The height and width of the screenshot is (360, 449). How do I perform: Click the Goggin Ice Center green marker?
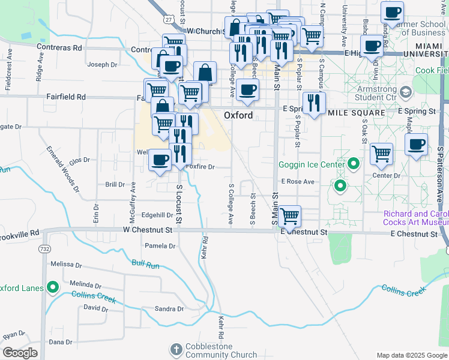(354, 164)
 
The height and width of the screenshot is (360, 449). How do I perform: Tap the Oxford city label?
(238, 115)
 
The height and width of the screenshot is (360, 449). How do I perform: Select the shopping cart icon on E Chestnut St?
(290, 215)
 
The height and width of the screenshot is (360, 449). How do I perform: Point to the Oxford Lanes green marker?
(52, 287)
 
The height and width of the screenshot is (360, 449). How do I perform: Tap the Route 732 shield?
(44, 248)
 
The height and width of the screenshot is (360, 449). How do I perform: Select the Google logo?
(20, 353)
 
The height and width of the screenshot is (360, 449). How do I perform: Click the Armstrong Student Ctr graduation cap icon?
(406, 92)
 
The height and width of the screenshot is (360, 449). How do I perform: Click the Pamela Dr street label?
(160, 246)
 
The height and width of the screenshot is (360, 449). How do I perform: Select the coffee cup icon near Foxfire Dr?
(160, 160)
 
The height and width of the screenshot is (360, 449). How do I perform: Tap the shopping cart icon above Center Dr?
(381, 154)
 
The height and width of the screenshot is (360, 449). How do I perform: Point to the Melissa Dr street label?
(66, 264)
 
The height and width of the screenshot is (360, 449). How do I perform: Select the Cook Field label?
(432, 70)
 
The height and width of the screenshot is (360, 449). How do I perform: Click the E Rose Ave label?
(298, 181)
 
